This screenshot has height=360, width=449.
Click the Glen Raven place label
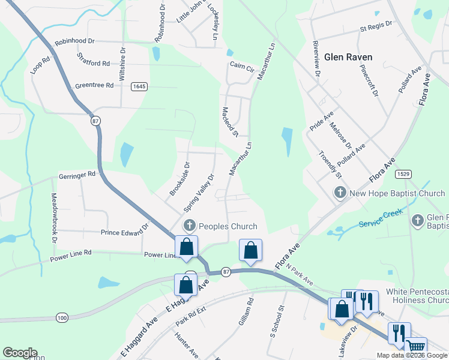348,58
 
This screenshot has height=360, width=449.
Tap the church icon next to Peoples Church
190,226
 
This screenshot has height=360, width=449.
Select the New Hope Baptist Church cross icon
340,193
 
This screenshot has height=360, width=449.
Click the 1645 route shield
139,86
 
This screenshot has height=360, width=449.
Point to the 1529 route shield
403,174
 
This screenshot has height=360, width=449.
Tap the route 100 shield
62,317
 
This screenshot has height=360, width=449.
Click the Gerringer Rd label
77,175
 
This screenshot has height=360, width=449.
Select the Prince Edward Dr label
124,230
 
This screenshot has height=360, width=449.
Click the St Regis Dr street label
375,26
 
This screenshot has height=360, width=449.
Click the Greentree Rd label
94,86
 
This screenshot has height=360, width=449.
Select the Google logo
20,353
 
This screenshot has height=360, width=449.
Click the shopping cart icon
416,347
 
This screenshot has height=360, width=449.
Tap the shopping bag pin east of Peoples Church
250,250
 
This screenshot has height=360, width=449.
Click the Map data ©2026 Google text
411,355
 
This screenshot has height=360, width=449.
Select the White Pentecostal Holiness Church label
417,296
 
